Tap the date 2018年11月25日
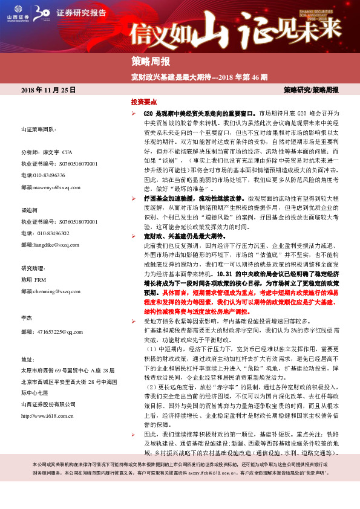[49, 89]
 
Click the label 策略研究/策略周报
[311, 89]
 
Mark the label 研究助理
[32, 268]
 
